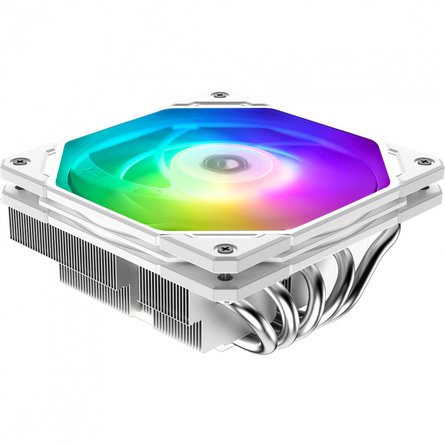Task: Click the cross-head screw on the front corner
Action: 223,247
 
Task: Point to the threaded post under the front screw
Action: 222,277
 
